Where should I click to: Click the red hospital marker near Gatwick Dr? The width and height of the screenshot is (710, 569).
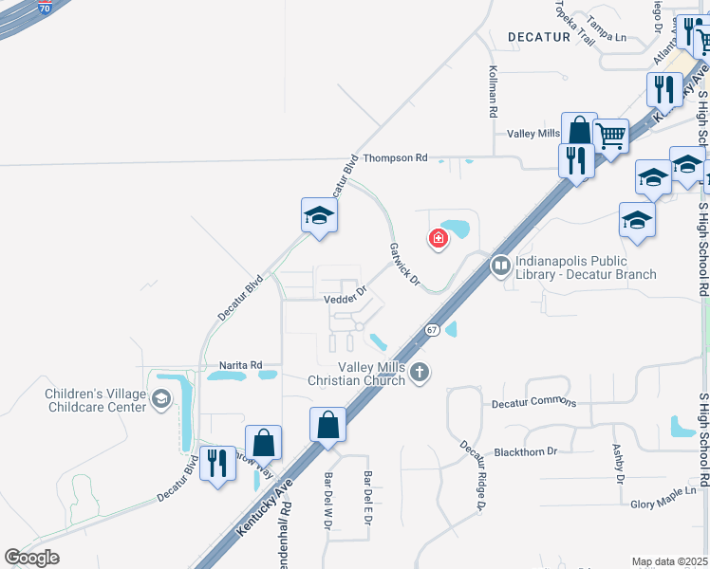(x=439, y=238)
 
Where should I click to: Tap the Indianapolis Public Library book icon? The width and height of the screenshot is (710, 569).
(x=500, y=267)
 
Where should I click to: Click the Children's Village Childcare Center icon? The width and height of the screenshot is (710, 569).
(x=160, y=399)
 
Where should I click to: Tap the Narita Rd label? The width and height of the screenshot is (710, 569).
(x=240, y=364)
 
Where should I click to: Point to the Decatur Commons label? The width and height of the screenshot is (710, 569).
(x=533, y=403)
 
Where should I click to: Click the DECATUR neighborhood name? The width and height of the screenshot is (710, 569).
(x=539, y=37)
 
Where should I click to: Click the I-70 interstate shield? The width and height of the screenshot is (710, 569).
(x=46, y=8)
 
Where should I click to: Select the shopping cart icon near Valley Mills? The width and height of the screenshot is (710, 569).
(x=611, y=135)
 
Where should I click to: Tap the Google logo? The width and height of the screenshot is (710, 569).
(x=31, y=558)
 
